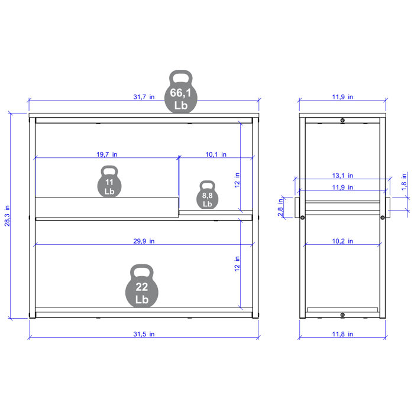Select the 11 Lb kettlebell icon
(x=109, y=182)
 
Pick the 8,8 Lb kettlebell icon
(x=207, y=195)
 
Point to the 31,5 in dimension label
(x=144, y=334)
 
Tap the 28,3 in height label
(x=8, y=216)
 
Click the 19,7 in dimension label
(x=107, y=154)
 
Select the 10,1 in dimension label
(x=216, y=154)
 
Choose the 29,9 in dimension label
(x=144, y=241)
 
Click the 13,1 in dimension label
(x=342, y=176)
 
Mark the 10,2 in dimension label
(x=342, y=241)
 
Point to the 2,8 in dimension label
(x=280, y=208)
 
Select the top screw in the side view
(x=342, y=121)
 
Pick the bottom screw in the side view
(x=342, y=314)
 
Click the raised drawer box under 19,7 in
(x=106, y=206)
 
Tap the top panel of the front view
(x=145, y=114)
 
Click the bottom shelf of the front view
(x=145, y=310)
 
